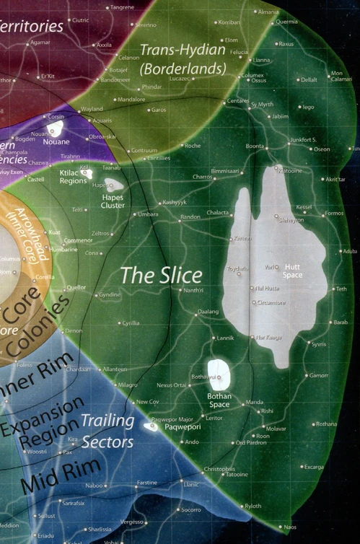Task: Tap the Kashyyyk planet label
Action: pyautogui.click(x=177, y=203)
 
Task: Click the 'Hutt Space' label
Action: pyautogui.click(x=292, y=271)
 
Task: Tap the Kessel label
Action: pyautogui.click(x=304, y=207)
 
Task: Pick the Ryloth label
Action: pyautogui.click(x=253, y=506)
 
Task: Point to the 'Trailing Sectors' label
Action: pyautogui.click(x=107, y=431)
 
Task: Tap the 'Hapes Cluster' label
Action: pyautogui.click(x=112, y=200)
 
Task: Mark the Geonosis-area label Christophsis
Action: pyautogui.click(x=219, y=469)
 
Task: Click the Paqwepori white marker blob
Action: pyautogui.click(x=151, y=426)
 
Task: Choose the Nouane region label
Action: pyautogui.click(x=56, y=142)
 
